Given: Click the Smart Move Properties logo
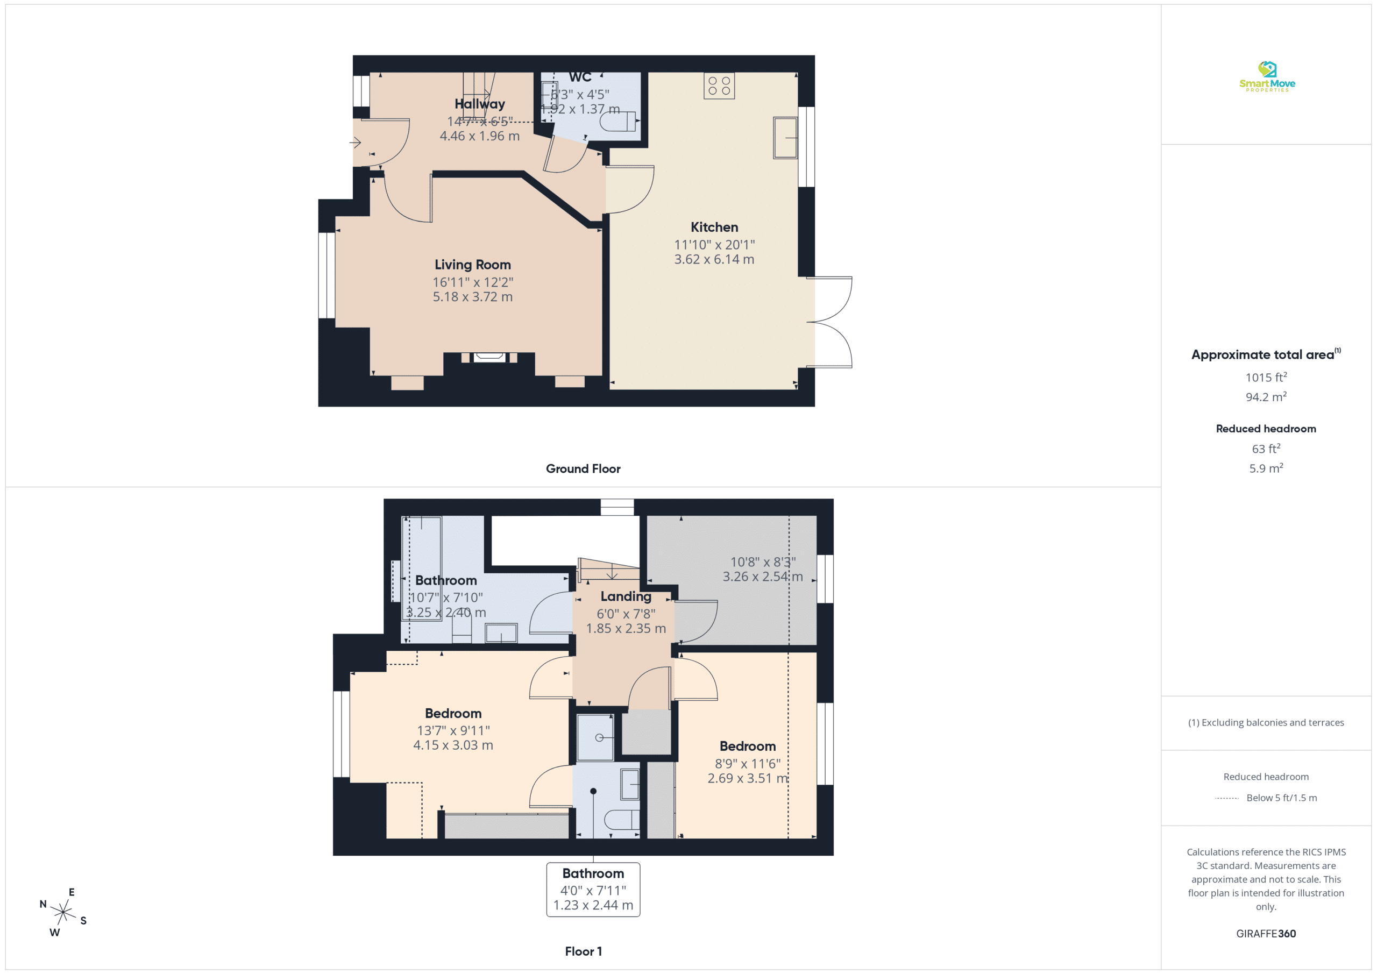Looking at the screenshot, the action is click(x=1267, y=77).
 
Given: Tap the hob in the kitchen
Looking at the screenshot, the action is click(x=719, y=86).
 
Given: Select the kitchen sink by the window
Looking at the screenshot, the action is click(x=785, y=138).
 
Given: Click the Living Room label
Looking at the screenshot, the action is click(x=473, y=265).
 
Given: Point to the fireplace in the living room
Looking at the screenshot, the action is click(x=489, y=358).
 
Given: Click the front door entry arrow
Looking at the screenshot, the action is click(x=355, y=143).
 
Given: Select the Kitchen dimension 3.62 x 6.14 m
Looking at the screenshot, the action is click(x=714, y=259).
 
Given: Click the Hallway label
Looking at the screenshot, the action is click(x=480, y=104).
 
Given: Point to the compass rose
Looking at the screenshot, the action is click(x=63, y=912).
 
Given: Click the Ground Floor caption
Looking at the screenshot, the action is click(x=583, y=469).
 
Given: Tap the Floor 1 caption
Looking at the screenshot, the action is click(x=583, y=951).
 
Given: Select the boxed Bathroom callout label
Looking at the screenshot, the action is click(x=593, y=890).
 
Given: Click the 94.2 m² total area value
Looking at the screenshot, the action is click(x=1266, y=396).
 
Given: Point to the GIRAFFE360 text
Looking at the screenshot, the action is click(x=1266, y=934).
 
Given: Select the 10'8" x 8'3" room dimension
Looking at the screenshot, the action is click(x=763, y=562).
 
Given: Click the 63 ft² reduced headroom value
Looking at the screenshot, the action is click(x=1266, y=449).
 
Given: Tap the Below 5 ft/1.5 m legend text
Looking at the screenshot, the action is click(x=1282, y=798).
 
